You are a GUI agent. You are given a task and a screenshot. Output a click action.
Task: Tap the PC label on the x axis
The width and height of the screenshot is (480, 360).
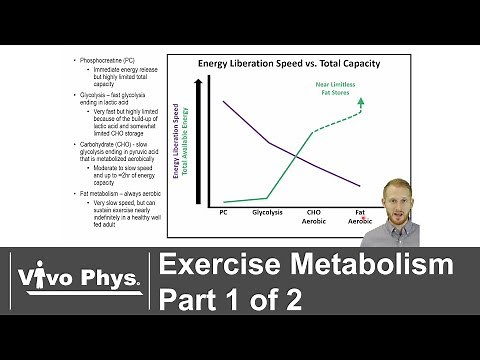223,212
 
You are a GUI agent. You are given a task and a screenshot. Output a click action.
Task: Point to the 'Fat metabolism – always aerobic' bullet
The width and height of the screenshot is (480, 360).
113,192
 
